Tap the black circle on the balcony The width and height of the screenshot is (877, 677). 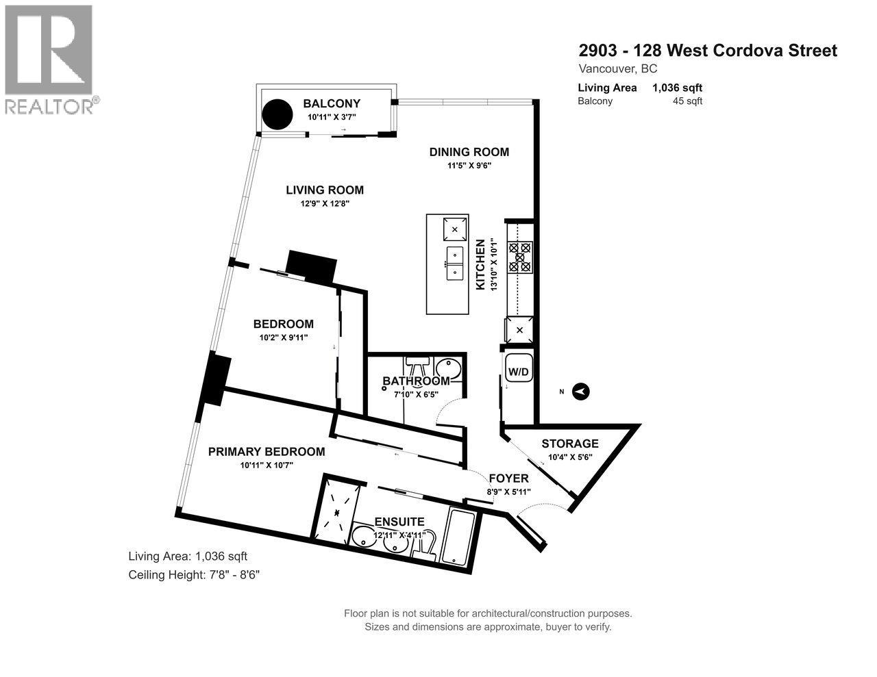[x=278, y=114]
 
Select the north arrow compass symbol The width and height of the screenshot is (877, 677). [x=580, y=392]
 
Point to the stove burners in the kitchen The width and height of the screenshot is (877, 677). [x=519, y=257]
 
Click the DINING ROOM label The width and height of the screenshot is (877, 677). [x=469, y=152]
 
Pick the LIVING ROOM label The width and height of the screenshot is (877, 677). [x=325, y=190]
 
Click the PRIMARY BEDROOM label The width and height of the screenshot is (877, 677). [x=267, y=452]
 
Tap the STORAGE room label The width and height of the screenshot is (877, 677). [x=570, y=444]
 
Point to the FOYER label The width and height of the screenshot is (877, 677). [x=508, y=478]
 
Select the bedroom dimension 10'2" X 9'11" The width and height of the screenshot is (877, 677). [x=283, y=337]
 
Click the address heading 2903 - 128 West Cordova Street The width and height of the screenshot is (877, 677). [x=708, y=51]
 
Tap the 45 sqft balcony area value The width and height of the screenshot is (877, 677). [x=689, y=101]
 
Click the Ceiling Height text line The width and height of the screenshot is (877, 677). [x=195, y=575]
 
